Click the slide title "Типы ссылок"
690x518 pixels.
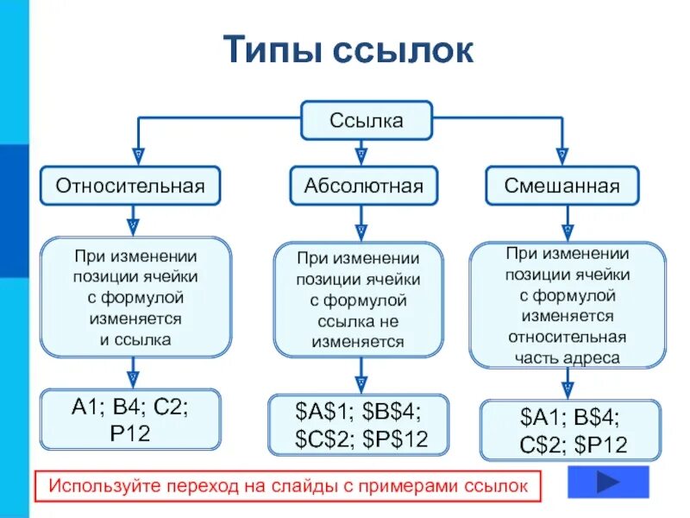[x=348, y=51]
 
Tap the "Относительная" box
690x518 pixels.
[x=131, y=186]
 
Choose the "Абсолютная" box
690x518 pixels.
[x=363, y=186]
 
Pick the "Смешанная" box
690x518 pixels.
[x=562, y=186]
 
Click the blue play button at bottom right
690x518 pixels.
[x=609, y=483]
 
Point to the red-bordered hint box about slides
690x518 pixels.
[x=288, y=486]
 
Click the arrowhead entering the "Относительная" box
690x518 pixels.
[x=134, y=156]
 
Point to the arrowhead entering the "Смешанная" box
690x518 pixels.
[x=563, y=156]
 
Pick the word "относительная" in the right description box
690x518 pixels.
[x=567, y=337]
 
